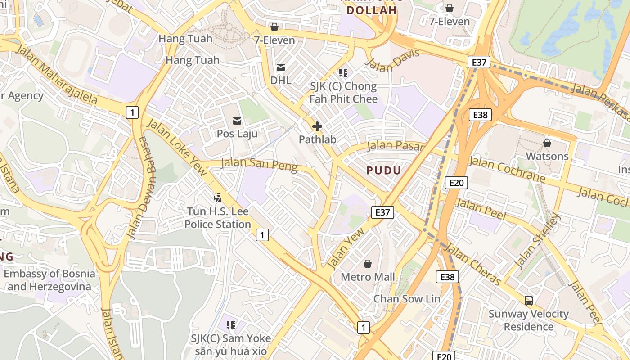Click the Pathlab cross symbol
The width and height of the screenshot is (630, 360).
pyautogui.click(x=317, y=126)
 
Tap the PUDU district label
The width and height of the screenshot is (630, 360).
pyautogui.click(x=383, y=170)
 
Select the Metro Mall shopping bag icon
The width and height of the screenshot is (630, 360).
pyautogui.click(x=368, y=264)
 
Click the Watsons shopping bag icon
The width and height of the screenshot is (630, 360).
pyautogui.click(x=547, y=143)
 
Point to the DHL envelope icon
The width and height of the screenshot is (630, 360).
pyautogui.click(x=281, y=67)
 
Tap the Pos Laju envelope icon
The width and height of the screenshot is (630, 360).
pyautogui.click(x=237, y=121)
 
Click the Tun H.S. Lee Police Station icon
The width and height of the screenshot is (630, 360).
pyautogui.click(x=218, y=197)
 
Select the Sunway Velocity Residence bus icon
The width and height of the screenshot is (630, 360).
pyautogui.click(x=529, y=300)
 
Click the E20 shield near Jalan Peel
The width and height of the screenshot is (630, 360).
pyautogui.click(x=456, y=182)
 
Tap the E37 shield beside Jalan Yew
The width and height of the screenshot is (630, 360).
pyautogui.click(x=382, y=212)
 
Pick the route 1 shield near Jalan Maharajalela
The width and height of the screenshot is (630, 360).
pyautogui.click(x=132, y=112)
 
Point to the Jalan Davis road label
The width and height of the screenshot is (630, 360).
pyautogui.click(x=393, y=60)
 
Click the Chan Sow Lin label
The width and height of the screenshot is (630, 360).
pyautogui.click(x=407, y=298)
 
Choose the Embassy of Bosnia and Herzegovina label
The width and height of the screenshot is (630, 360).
pyautogui.click(x=49, y=280)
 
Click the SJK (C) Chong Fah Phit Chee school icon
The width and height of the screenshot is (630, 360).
pyautogui.click(x=343, y=72)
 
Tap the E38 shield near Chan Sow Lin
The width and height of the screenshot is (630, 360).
pyautogui.click(x=447, y=277)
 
